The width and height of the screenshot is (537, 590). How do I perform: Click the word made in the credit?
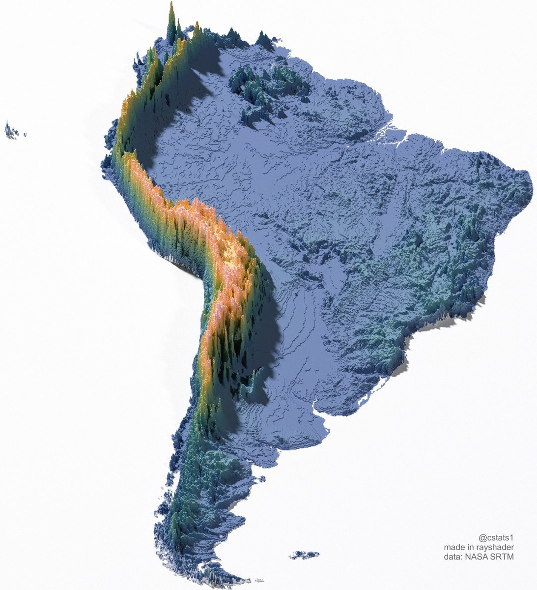coord(454,547)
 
